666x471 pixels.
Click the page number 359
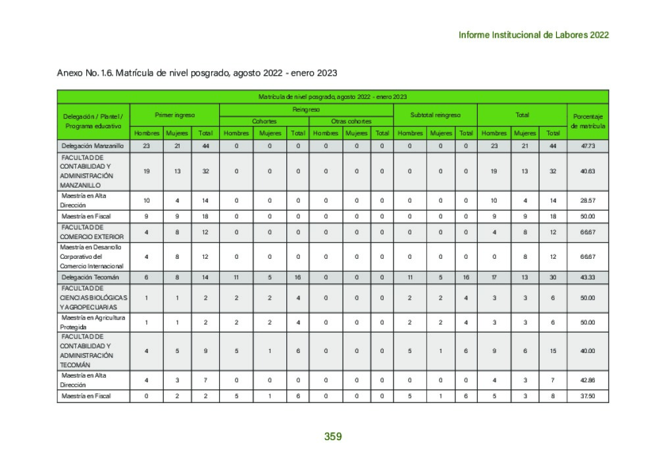click(333, 436)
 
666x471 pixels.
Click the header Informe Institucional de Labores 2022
click(533, 35)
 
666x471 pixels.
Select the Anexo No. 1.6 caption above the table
click(197, 72)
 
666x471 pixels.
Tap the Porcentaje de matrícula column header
click(588, 121)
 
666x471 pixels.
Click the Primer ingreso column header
click(174, 115)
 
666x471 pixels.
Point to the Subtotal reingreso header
click(435, 115)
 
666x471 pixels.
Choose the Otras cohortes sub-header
click(351, 121)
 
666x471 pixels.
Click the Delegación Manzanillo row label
click(93, 146)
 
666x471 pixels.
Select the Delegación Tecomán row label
click(91, 277)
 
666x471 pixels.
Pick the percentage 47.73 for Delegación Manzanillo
click(588, 146)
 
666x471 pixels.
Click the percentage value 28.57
click(588, 200)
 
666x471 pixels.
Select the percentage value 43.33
click(588, 277)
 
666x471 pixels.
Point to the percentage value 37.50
click(588, 396)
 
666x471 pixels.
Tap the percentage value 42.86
click(588, 380)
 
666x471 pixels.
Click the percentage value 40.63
click(588, 171)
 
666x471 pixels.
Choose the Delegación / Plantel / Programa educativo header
click(93, 121)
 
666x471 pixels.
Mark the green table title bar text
click(332, 96)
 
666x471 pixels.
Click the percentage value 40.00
click(588, 350)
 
